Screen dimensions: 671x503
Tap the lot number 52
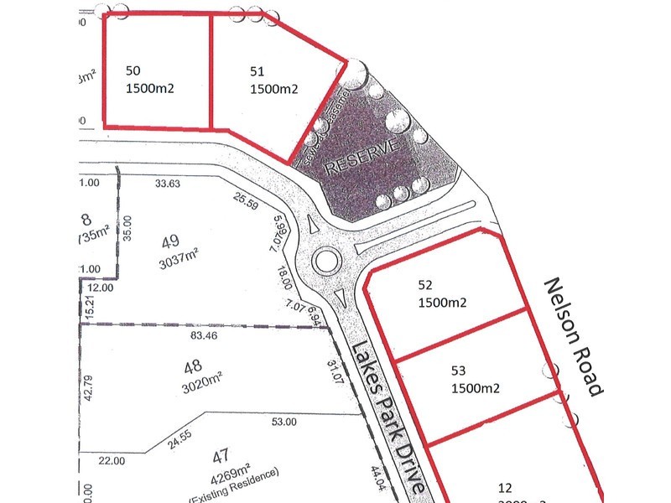pyautogui.click(x=426, y=284)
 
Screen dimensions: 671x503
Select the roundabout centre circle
pyautogui.click(x=325, y=260)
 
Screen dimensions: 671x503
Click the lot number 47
pyautogui.click(x=221, y=457)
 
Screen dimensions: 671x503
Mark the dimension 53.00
pyautogui.click(x=284, y=422)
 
